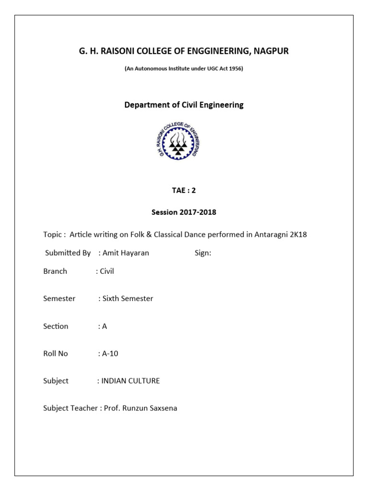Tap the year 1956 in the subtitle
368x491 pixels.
[x=236, y=69]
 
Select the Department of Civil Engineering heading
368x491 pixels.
[x=184, y=105]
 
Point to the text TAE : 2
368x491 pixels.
[x=184, y=190]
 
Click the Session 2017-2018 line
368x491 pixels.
[x=184, y=212]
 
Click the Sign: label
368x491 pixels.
[x=203, y=253]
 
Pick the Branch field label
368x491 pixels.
[x=55, y=271]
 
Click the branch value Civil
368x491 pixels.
[x=106, y=271]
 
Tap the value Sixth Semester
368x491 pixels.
[x=127, y=299]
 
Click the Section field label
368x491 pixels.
[x=56, y=326]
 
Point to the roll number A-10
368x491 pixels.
[x=110, y=354]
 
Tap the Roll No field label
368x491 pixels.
[x=56, y=354]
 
